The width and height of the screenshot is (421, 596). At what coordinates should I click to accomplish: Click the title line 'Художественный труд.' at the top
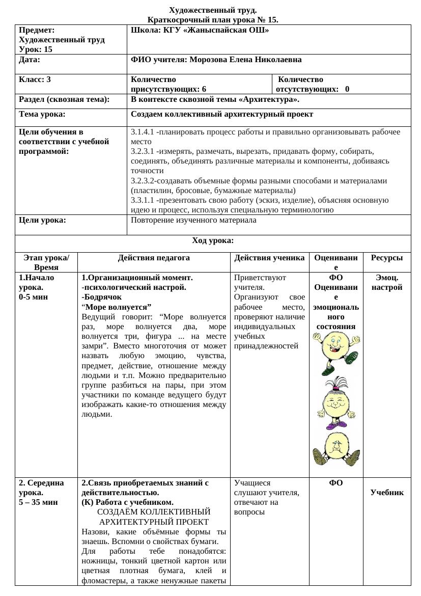pyautogui.click(x=213, y=10)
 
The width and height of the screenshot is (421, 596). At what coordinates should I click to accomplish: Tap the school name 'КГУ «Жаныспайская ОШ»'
pyautogui.click(x=216, y=30)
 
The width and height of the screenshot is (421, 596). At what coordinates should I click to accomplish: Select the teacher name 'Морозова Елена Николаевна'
pyautogui.click(x=245, y=60)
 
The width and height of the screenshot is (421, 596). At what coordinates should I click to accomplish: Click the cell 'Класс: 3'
pyautogui.click(x=35, y=79)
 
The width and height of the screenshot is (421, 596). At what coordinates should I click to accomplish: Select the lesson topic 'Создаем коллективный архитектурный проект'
pyautogui.click(x=222, y=115)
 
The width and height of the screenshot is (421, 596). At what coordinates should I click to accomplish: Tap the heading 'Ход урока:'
pyautogui.click(x=213, y=240)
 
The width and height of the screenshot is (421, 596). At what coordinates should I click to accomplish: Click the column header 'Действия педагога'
pyautogui.click(x=154, y=258)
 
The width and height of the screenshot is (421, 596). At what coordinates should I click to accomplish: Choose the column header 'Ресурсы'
pyautogui.click(x=386, y=258)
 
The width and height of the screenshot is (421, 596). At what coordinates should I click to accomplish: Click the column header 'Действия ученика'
pyautogui.click(x=269, y=258)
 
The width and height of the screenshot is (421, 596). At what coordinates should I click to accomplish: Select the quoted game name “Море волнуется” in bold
pyautogui.click(x=117, y=307)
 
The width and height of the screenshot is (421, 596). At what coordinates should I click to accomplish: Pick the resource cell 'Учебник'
pyautogui.click(x=386, y=493)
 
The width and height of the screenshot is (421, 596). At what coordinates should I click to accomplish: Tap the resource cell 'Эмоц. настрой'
pyautogui.click(x=386, y=283)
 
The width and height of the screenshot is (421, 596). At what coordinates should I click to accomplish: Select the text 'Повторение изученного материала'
pyautogui.click(x=193, y=221)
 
